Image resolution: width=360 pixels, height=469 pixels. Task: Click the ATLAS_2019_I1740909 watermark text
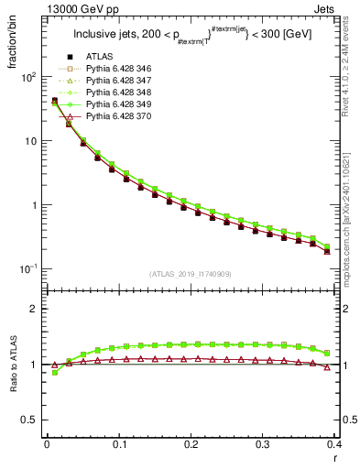pos(190,274)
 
